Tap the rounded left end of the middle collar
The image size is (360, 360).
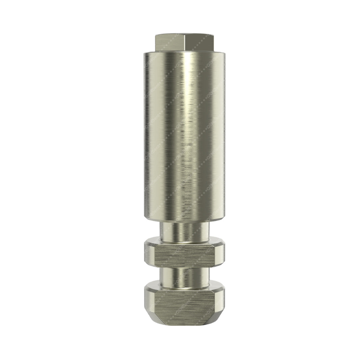pyautogui.click(x=148, y=255)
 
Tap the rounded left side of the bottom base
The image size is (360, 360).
pyautogui.click(x=148, y=298)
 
